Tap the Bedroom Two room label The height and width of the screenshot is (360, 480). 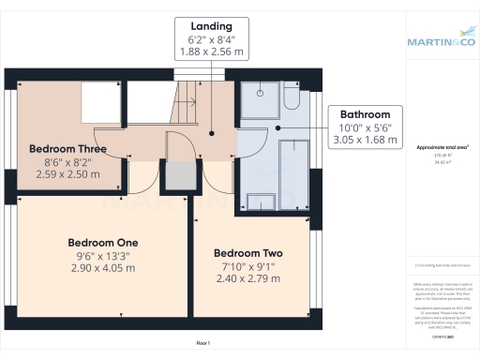248,253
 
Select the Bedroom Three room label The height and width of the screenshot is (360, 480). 67,149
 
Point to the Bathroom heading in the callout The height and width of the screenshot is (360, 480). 365,113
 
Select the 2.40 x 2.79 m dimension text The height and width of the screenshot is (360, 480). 248,278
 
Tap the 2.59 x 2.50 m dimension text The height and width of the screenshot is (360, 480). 67,174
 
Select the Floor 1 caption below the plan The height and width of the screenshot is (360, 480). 202,344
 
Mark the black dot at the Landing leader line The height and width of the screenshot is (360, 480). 212,133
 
